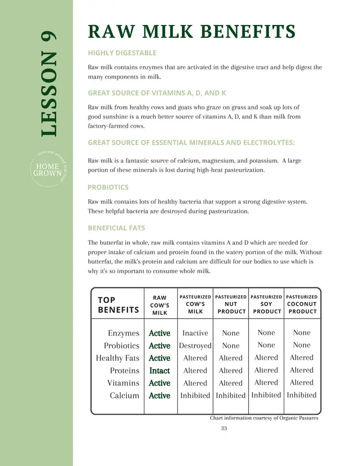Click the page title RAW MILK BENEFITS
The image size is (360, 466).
tap(191, 32)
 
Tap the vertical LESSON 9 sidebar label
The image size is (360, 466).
tap(48, 84)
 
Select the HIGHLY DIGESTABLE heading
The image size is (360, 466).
tap(122, 53)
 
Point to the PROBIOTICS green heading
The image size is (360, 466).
tap(108, 187)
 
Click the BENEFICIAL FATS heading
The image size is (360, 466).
tap(116, 228)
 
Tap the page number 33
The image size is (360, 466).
tap(224, 429)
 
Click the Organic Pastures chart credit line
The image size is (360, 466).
tap(264, 418)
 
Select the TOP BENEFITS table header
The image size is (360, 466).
tap(118, 305)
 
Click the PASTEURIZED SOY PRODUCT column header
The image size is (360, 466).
tap(266, 304)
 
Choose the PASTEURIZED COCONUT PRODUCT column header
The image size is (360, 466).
tap(301, 304)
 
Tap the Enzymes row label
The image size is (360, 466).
tap(123, 333)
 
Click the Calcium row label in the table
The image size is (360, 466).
tap(124, 395)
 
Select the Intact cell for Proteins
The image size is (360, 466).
tap(159, 370)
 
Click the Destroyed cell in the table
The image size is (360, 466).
tap(195, 346)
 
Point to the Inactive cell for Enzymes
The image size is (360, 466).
tap(195, 333)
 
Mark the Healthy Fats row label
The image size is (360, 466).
tap(118, 358)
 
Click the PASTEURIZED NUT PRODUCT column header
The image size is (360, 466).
tap(230, 304)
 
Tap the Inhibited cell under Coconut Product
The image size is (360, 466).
tap(301, 395)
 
